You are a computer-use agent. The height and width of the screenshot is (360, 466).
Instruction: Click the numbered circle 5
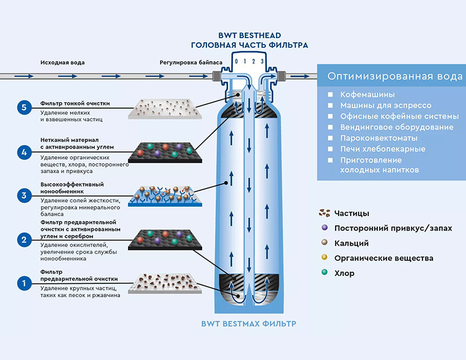pos(24,108)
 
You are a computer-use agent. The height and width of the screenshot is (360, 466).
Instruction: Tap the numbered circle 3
pos(24,195)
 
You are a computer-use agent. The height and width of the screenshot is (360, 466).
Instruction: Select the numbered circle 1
pos(24,283)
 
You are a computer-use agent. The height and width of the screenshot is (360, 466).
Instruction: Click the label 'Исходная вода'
pos(62,63)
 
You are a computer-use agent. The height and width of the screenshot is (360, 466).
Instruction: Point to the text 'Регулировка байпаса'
pos(191,63)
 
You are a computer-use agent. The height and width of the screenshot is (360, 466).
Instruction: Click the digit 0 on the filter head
pos(236,62)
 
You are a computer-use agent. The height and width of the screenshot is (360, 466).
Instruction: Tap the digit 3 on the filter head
pos(262,62)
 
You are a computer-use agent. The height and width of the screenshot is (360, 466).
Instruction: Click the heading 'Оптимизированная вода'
pos(395,76)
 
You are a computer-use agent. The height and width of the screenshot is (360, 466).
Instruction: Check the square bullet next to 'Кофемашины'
pos(330,95)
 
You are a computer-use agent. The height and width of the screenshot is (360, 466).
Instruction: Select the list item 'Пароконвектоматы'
pos(379,138)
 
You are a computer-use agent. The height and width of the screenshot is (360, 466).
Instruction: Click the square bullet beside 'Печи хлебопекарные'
pos(330,149)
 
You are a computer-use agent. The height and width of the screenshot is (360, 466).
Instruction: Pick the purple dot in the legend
pos(325,228)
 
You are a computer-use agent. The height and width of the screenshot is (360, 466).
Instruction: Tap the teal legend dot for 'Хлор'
pos(325,272)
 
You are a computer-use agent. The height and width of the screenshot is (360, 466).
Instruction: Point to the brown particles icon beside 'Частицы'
pos(325,213)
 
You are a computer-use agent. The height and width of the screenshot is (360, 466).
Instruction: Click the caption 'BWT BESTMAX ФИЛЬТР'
pos(249,324)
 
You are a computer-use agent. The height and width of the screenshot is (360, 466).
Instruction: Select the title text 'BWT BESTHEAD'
pos(250,36)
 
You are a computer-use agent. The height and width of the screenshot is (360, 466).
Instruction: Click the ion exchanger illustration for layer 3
pos(165,196)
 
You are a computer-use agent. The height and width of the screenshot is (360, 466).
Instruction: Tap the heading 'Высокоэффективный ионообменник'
pos(72,188)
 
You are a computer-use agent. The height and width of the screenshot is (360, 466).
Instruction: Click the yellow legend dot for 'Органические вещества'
pos(325,257)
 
